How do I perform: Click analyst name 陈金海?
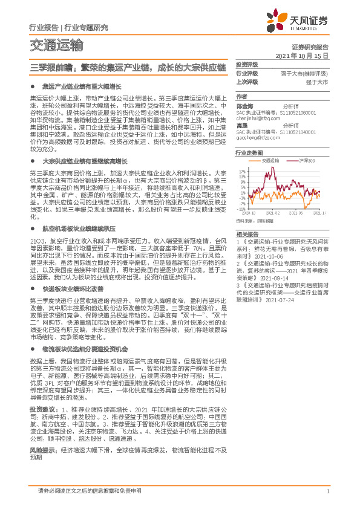pos(244,105)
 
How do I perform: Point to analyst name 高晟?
pos(241,125)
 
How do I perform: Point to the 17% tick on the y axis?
pos(242,171)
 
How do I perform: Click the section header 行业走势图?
pos(249,154)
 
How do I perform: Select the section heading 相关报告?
pos(246,234)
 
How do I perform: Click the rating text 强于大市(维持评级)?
pos(309,73)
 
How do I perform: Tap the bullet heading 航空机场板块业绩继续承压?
pos(79,230)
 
